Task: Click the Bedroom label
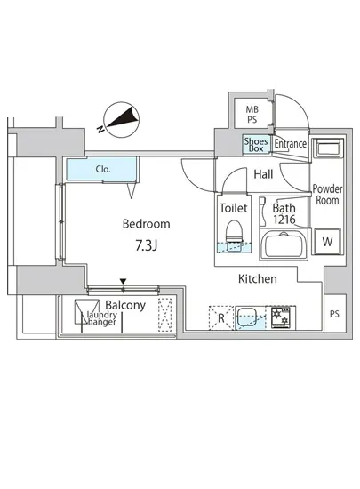[x=146, y=224]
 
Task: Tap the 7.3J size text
[x=146, y=245]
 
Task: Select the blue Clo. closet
[x=101, y=169]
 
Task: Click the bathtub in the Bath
[x=284, y=244]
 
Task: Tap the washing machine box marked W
[x=327, y=241]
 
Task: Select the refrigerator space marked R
[x=221, y=317]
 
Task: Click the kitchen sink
[x=250, y=317]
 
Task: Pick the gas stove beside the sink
[x=281, y=317]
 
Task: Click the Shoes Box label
[x=256, y=145]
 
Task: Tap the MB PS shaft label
[x=252, y=115]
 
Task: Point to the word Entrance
[x=290, y=144]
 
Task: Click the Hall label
[x=263, y=174]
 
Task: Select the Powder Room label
[x=327, y=195]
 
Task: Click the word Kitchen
[x=258, y=279]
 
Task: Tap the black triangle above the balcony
[x=124, y=281]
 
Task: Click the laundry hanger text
[x=101, y=318]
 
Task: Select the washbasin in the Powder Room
[x=328, y=148]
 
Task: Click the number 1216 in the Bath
[x=284, y=220]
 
